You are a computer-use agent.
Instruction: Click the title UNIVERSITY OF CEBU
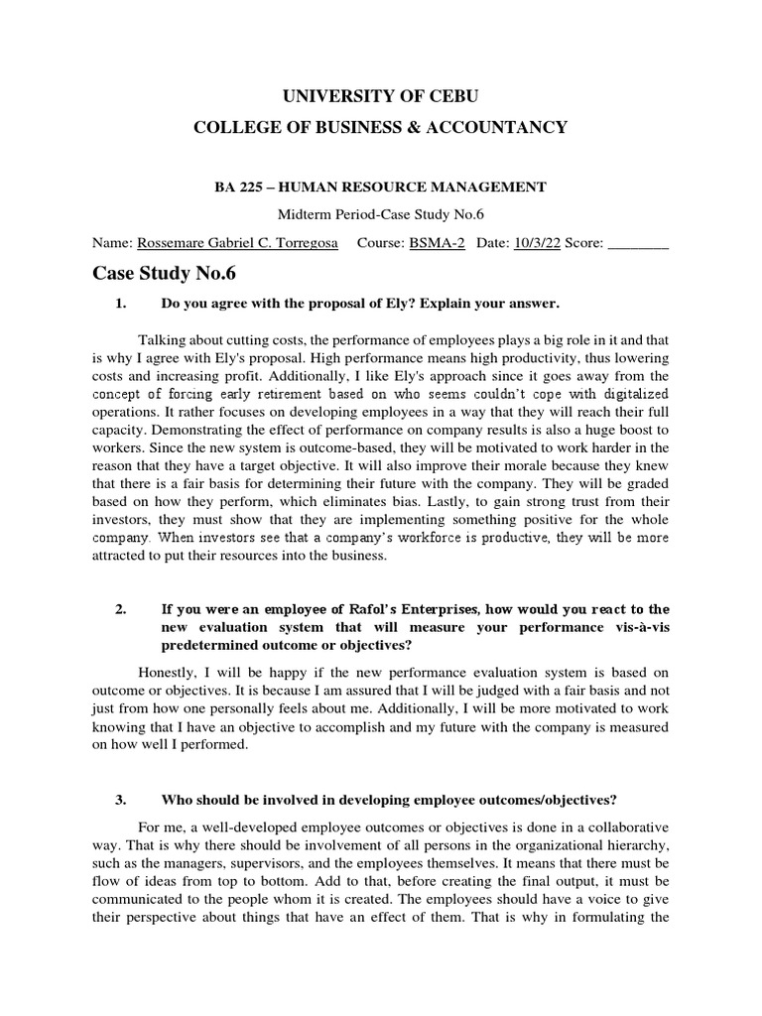tap(381, 95)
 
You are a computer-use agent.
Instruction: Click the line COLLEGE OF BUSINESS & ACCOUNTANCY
tap(381, 127)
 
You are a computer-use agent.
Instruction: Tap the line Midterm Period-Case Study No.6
tap(381, 215)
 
